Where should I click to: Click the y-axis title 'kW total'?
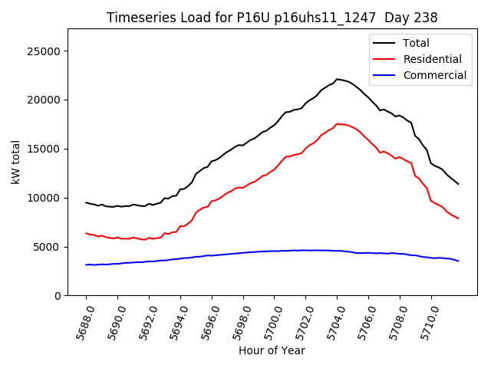pyautogui.click(x=16, y=162)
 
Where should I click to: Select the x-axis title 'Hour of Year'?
pyautogui.click(x=272, y=350)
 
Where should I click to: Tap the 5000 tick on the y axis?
pyautogui.click(x=48, y=247)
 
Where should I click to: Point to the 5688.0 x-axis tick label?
pyautogui.click(x=81, y=321)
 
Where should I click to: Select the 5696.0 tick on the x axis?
pyautogui.click(x=206, y=321)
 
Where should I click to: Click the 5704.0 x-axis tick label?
pyautogui.click(x=332, y=321)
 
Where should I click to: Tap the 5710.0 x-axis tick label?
pyautogui.click(x=426, y=321)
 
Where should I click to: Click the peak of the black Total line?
pyautogui.click(x=337, y=79)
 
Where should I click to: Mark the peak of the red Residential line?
pyautogui.click(x=337, y=123)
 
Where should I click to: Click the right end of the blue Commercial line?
pyautogui.click(x=459, y=261)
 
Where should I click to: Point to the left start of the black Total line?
pyautogui.click(x=86, y=202)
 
